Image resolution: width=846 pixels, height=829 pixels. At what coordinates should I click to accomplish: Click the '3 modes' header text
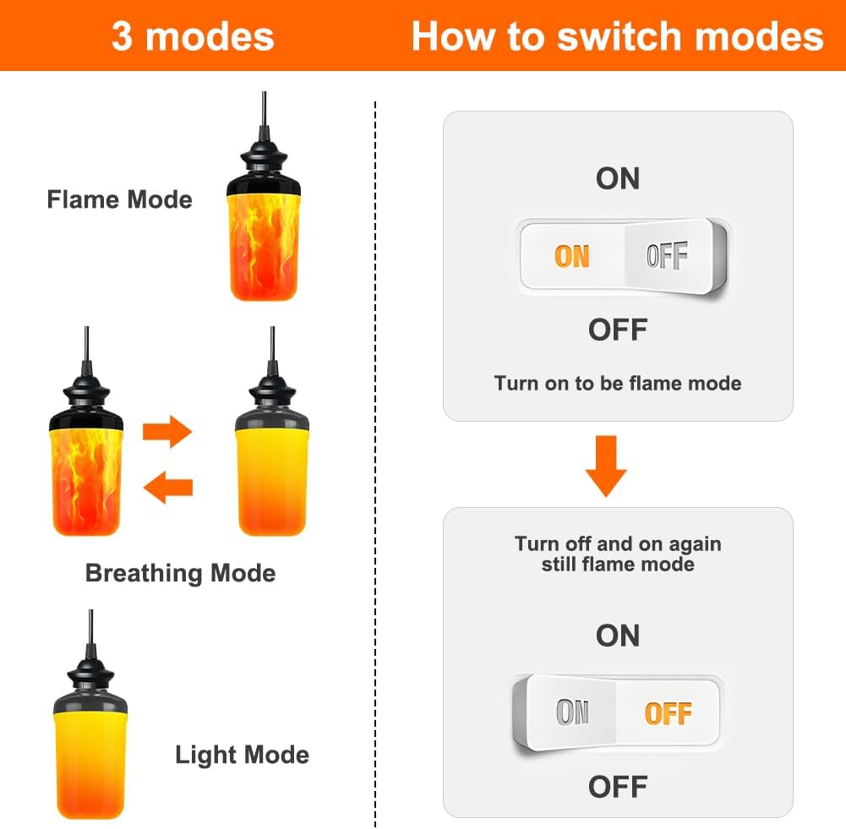click(x=193, y=37)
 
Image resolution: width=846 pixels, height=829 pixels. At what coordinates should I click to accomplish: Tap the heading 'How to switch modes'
click(x=617, y=37)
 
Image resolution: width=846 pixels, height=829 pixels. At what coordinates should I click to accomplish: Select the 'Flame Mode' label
click(x=119, y=200)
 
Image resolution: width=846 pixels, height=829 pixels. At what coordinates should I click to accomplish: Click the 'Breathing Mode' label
click(x=180, y=573)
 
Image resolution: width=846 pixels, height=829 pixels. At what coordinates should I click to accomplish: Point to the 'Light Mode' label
click(x=242, y=755)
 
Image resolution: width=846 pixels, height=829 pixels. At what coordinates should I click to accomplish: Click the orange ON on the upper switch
click(x=572, y=256)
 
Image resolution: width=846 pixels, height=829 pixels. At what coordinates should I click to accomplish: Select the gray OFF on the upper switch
click(x=667, y=256)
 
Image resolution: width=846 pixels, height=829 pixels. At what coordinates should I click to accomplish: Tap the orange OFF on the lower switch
click(x=668, y=713)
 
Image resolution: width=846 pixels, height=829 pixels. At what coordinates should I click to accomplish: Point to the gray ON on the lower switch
click(x=572, y=713)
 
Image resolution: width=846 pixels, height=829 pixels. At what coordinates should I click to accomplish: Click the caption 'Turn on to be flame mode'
click(x=618, y=383)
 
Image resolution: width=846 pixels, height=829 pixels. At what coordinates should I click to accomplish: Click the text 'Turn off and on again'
click(x=618, y=543)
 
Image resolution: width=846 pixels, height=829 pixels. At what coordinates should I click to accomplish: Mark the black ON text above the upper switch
click(x=618, y=178)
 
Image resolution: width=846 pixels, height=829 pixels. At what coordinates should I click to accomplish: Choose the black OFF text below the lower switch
click(x=618, y=787)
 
